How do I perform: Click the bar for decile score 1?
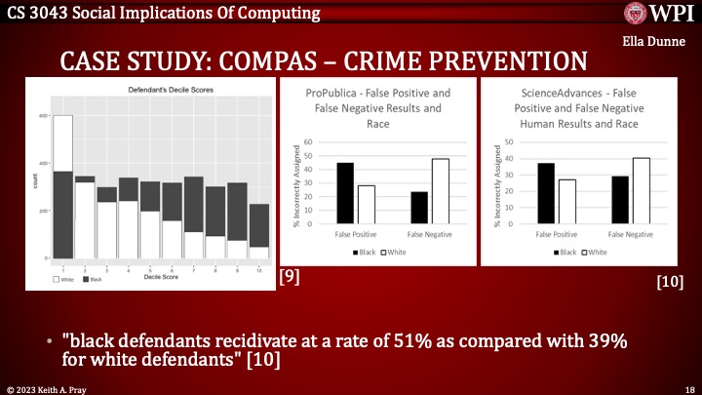point(63,186)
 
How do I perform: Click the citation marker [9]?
point(289,276)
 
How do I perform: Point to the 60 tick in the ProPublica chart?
point(309,141)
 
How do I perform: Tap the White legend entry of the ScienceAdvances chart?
point(596,251)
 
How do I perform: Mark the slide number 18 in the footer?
point(689,388)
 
